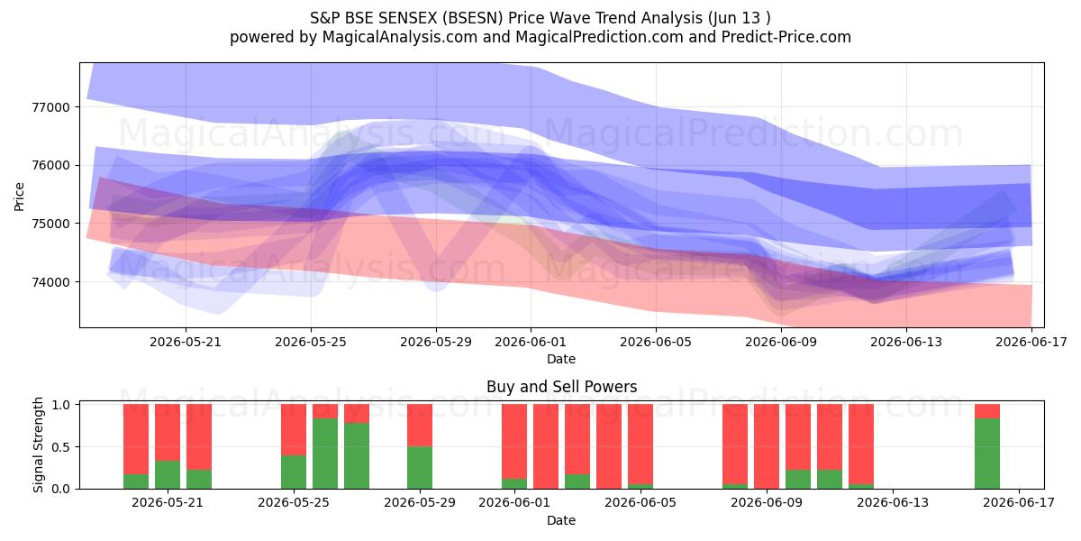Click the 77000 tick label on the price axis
point(50,107)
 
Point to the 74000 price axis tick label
point(50,282)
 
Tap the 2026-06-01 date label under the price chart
point(531,342)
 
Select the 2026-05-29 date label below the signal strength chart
point(420,503)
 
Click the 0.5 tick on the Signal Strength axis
point(60,447)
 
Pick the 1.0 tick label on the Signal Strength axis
point(60,404)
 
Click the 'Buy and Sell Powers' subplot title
point(562,387)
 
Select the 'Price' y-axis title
point(19,197)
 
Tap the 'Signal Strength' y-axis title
point(38,445)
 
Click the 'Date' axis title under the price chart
point(561,359)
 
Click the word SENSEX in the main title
point(409,18)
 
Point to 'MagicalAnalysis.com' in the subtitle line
point(400,37)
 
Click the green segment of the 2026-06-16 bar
point(987,454)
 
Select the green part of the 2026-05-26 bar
point(325,454)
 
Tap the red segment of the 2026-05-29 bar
point(420,425)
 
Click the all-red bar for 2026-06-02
point(546,446)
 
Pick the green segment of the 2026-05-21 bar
point(168,475)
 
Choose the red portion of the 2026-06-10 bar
point(798,437)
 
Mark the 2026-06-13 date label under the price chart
point(906,342)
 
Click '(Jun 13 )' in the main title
point(740,18)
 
